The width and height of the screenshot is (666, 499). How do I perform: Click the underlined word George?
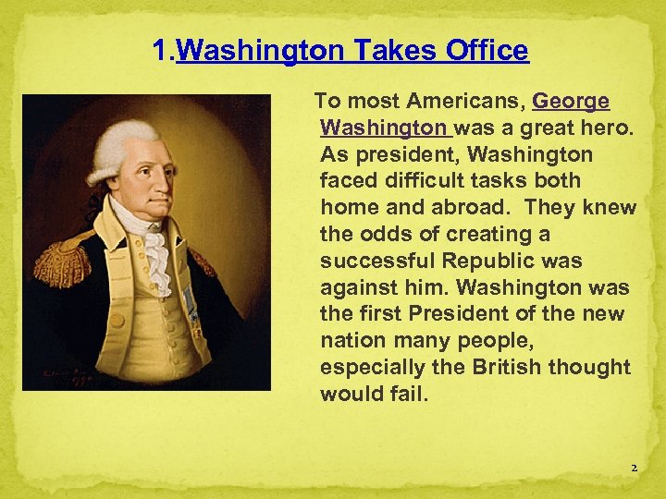[571, 101]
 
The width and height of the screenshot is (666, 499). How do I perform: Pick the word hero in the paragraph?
[611, 128]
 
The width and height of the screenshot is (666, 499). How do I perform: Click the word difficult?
[433, 181]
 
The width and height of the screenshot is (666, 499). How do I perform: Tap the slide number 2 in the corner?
[634, 469]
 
